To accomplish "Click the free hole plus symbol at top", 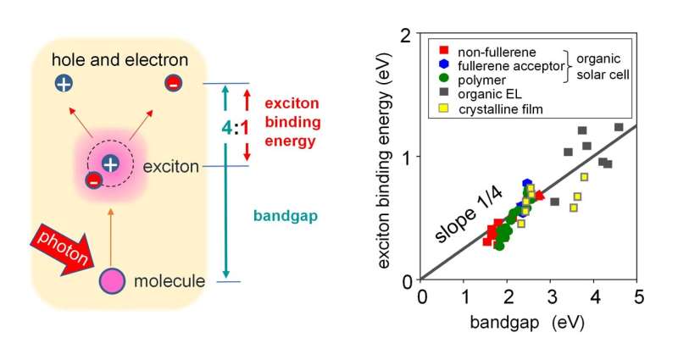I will click(64, 83).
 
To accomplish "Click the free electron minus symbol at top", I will click(173, 83).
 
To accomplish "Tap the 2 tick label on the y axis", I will click(411, 36).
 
